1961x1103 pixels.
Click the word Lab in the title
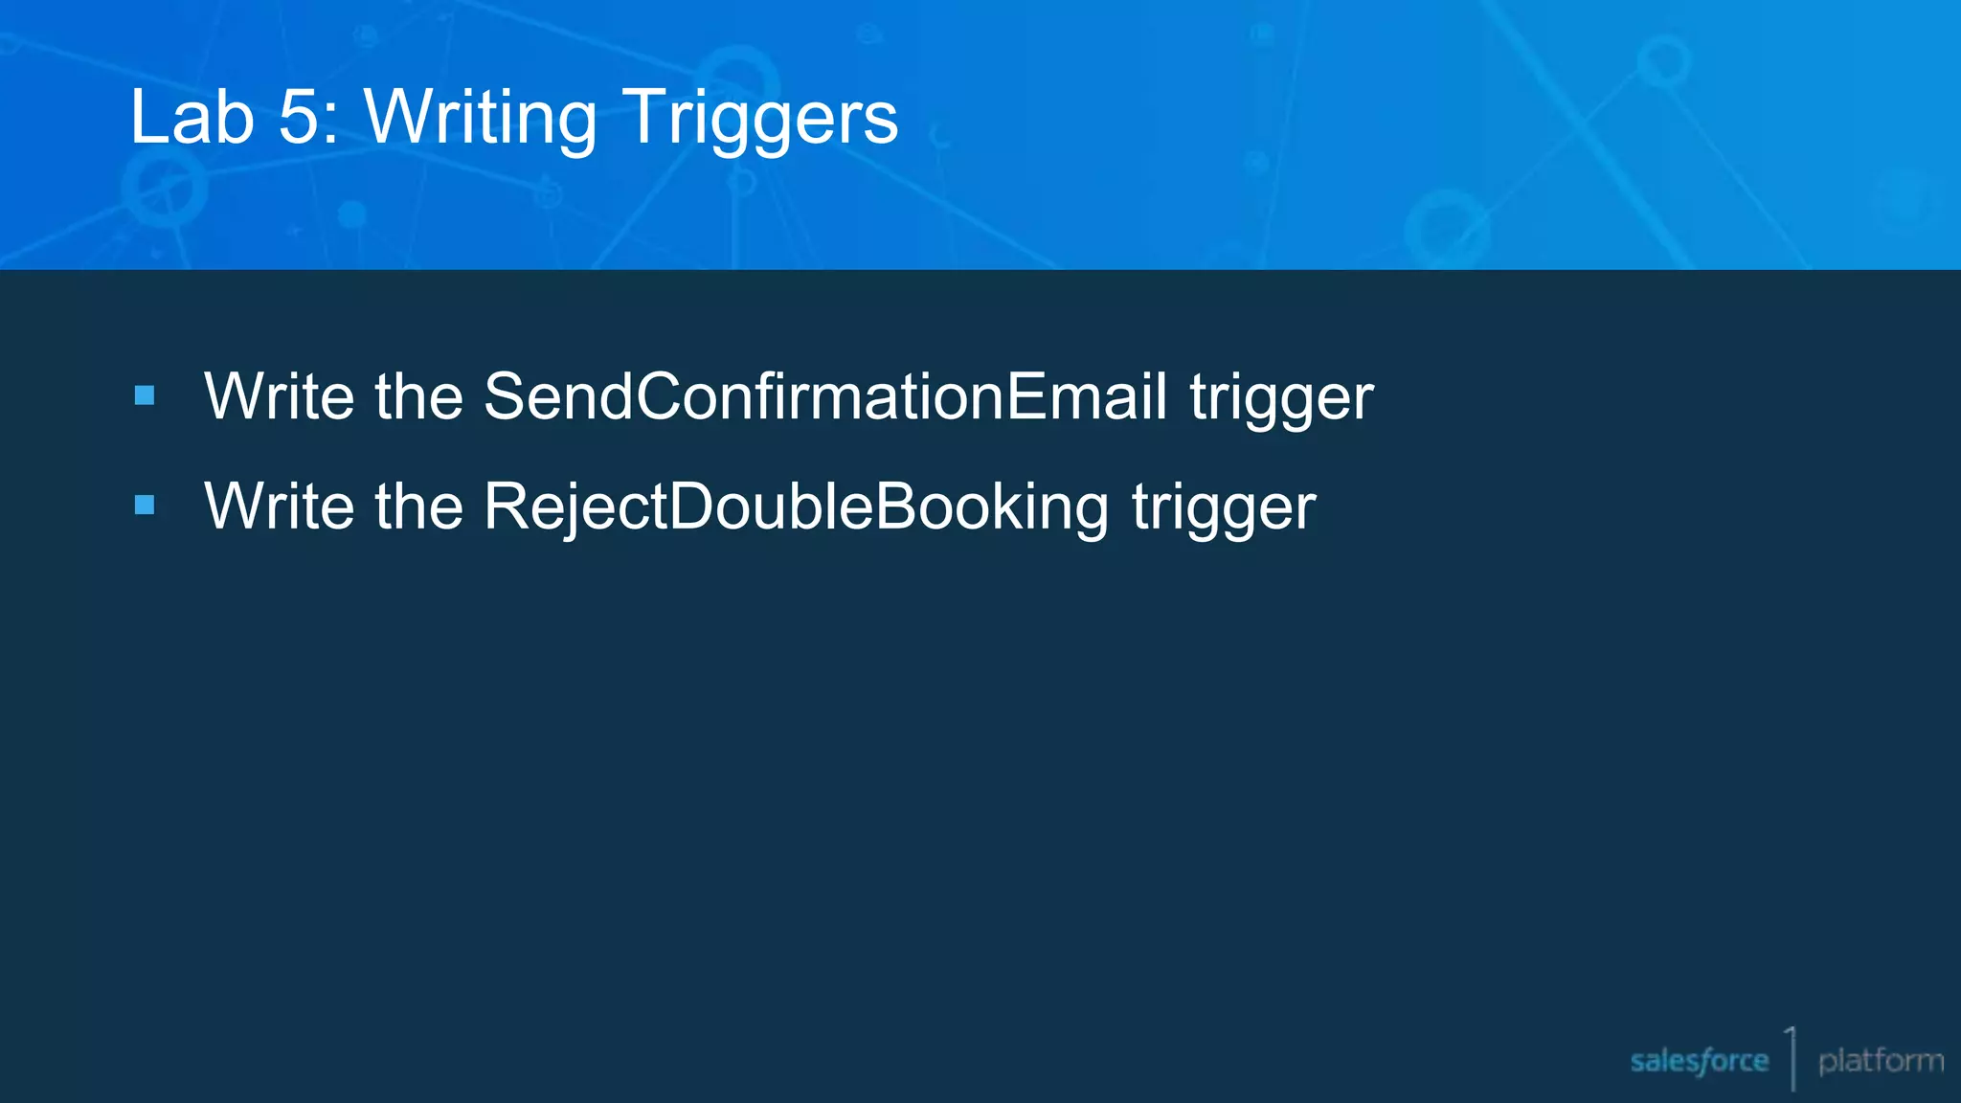192,117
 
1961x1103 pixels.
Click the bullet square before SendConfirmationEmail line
145,395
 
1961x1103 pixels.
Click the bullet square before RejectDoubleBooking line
145,506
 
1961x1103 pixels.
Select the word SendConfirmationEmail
824,396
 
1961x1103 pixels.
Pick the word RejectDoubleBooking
796,506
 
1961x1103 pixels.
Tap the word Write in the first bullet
280,396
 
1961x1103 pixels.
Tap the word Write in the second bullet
280,506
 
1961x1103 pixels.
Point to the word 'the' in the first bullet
419,396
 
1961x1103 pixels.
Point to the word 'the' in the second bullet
419,506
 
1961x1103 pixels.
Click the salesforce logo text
1699,1061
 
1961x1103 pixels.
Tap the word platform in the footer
1881,1061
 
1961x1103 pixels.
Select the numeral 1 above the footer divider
1790,1040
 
